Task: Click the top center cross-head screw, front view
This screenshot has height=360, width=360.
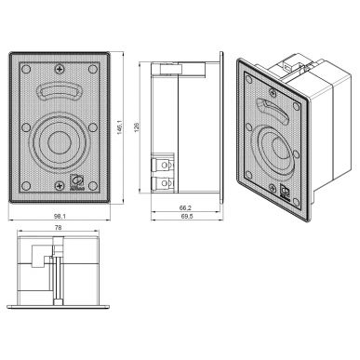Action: (61, 65)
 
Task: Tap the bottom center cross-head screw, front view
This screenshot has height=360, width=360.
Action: (61, 193)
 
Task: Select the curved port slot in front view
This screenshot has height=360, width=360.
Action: (61, 92)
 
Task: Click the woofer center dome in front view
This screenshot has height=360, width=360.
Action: (61, 145)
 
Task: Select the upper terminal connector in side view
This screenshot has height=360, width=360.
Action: (162, 165)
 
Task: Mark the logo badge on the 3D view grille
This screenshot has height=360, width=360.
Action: (285, 192)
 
